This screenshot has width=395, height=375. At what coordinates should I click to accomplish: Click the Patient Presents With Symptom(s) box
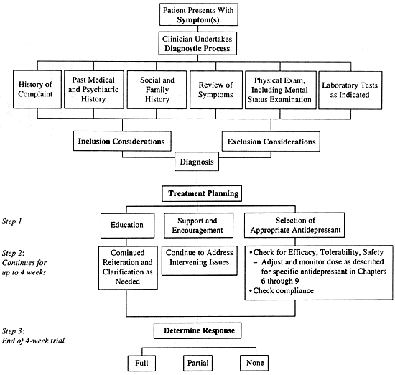point(199,14)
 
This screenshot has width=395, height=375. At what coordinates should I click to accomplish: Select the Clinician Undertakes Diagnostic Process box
point(197,43)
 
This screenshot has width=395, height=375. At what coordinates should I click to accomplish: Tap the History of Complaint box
point(37,89)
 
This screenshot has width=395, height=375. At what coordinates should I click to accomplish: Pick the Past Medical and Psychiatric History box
point(94,90)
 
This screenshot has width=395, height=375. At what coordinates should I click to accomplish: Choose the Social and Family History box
point(157,90)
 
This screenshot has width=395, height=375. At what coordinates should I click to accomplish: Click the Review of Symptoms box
point(216,90)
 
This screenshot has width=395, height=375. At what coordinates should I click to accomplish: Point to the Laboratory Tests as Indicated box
point(350,91)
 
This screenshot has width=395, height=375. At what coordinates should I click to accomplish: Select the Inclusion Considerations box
point(122,141)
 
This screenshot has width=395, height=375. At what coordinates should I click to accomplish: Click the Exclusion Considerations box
point(271,142)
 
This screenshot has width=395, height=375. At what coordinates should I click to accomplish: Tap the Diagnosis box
point(197,162)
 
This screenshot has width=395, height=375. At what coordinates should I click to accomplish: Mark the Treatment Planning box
point(202,193)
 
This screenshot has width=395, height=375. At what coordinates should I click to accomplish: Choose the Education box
point(127,226)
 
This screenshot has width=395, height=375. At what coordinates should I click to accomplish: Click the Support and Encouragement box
point(198,226)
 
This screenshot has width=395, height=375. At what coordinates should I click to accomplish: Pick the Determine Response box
point(197,330)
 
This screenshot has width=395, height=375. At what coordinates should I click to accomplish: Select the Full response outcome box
point(141,364)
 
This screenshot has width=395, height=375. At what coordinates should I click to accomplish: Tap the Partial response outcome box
point(197,364)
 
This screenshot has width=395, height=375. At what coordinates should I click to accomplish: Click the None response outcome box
point(254,363)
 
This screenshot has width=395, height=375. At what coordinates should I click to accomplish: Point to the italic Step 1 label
point(11,221)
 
